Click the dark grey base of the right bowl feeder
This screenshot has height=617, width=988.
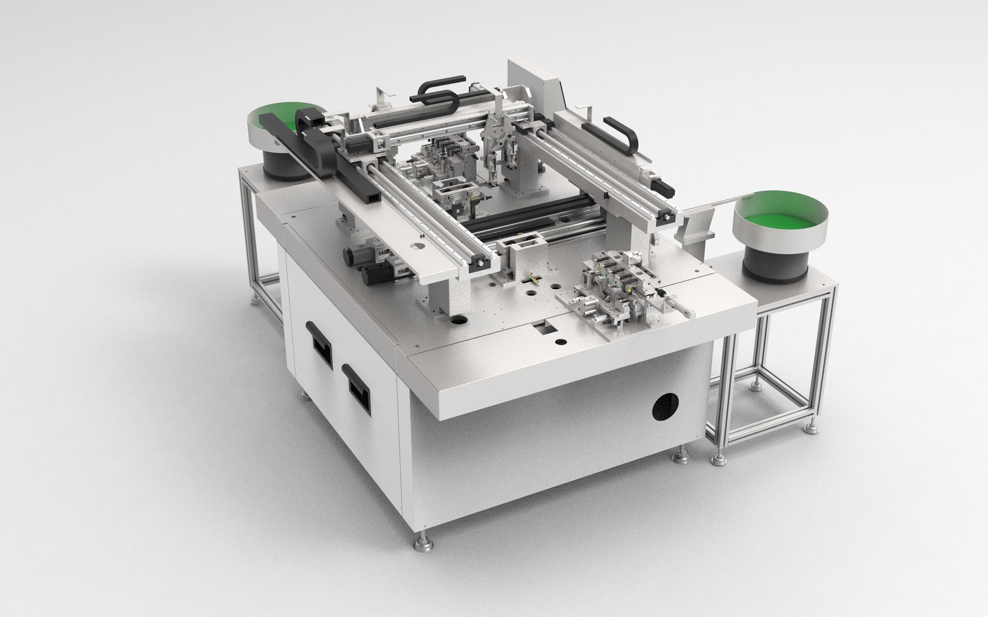(x=775, y=263)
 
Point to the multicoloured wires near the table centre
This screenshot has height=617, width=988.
(x=530, y=281)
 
